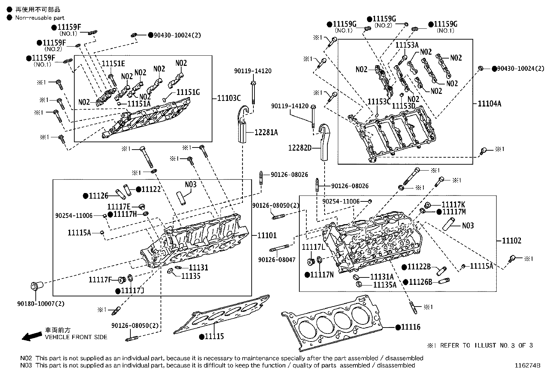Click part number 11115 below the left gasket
point(214,337)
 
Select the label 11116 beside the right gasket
point(410,327)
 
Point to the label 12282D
point(300,148)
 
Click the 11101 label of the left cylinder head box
point(267,235)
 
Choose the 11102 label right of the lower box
point(511,241)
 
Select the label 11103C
point(229,98)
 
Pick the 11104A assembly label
point(489,103)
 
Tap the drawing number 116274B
point(527,365)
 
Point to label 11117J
point(132,291)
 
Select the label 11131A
point(382,277)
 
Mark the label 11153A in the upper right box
point(407,45)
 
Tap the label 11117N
point(322,275)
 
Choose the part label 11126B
point(420,282)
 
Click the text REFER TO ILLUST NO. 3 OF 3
point(486,345)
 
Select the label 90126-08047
point(277,260)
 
